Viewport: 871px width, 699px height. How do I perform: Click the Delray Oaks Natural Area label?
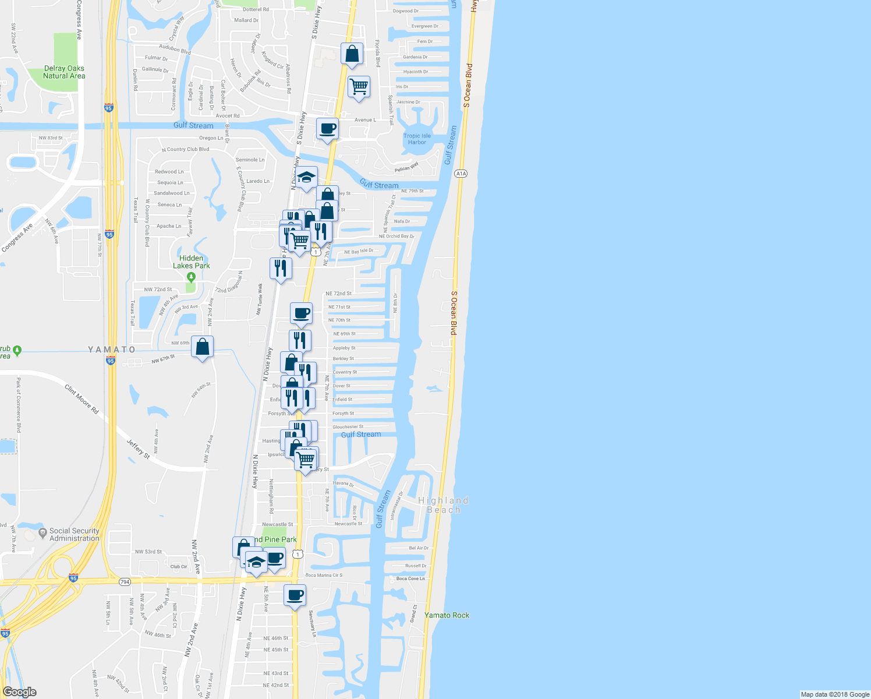(64, 72)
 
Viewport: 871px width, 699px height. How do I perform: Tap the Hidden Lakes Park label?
(192, 262)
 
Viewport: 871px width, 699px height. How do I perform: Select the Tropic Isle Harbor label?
(417, 139)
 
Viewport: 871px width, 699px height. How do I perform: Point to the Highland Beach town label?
(444, 505)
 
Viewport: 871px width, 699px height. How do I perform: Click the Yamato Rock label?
(447, 615)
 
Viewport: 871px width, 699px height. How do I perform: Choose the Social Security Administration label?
(74, 535)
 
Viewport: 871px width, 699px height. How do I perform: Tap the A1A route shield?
(461, 174)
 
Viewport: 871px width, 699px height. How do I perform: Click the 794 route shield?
(125, 582)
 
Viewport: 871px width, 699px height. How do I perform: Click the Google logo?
(20, 692)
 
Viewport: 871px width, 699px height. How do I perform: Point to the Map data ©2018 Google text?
(835, 694)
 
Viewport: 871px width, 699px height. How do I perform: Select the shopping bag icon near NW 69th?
(203, 347)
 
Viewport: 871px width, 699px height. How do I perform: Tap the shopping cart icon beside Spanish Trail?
(359, 87)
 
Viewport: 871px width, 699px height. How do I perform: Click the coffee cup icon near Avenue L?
(328, 128)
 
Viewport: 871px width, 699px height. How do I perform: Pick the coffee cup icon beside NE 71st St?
(301, 313)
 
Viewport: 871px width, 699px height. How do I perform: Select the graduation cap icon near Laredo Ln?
(306, 177)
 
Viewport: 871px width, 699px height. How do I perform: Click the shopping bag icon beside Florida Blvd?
(352, 54)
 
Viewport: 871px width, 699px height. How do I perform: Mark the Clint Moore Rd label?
(82, 400)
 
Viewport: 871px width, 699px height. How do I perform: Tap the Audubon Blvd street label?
(175, 50)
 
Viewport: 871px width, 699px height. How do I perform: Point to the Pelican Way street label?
(406, 168)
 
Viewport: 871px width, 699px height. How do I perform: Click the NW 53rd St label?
(148, 552)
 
